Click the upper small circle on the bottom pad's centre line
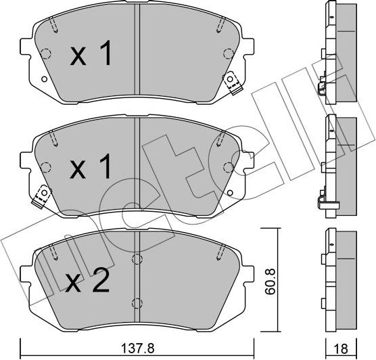click(x=137, y=257)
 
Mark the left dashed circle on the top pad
click(x=46, y=55)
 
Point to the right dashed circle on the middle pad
click(x=229, y=168)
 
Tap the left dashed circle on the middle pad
click(x=46, y=168)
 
